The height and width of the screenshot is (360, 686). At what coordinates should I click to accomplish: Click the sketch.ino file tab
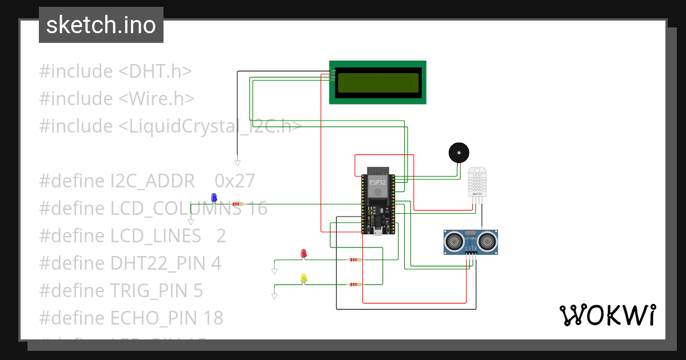point(101,25)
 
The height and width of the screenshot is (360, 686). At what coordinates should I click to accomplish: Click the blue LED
point(214,198)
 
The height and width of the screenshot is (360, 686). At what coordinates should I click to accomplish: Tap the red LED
point(304,253)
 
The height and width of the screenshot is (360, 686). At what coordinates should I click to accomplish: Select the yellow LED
point(304,278)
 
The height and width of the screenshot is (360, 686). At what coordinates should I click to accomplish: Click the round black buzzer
point(458,153)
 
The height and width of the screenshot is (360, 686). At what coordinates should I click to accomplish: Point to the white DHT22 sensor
point(477,181)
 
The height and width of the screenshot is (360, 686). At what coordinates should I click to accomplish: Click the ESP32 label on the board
point(377,182)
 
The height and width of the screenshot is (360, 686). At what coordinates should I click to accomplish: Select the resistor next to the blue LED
point(238,204)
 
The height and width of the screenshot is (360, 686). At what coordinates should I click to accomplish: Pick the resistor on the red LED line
point(355,259)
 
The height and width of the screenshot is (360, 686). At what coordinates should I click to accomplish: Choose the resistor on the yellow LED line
point(355,285)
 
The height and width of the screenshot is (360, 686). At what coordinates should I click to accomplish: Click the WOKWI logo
point(607,315)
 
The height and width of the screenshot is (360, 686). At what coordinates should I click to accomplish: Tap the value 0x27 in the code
point(234,181)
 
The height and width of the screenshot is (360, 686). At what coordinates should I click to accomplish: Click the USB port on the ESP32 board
point(377,231)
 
